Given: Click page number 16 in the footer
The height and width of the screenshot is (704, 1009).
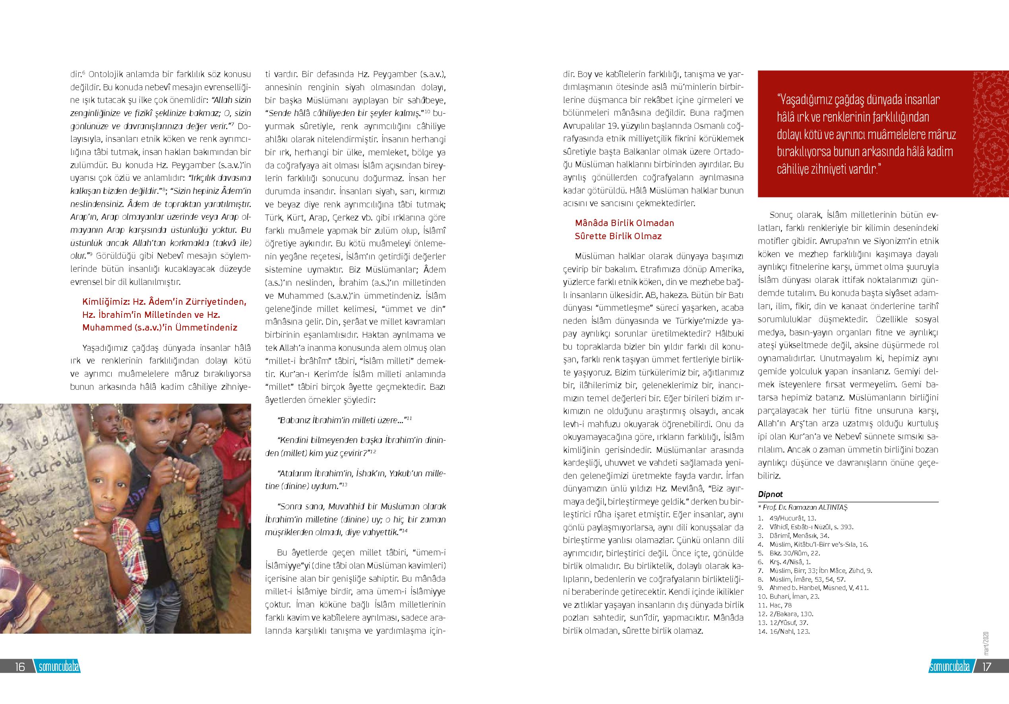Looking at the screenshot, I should (x=19, y=667).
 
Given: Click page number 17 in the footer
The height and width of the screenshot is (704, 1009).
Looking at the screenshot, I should (x=987, y=667).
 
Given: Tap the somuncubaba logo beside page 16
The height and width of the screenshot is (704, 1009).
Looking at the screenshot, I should (x=59, y=667).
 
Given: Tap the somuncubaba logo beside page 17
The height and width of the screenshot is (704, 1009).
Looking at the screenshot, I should (x=950, y=667).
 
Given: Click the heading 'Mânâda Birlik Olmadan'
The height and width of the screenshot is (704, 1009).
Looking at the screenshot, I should (x=624, y=223).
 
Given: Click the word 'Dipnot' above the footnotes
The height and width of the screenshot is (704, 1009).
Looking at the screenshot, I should (x=771, y=494).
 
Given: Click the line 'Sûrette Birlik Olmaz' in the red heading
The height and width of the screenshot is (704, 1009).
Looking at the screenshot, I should (x=618, y=236).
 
